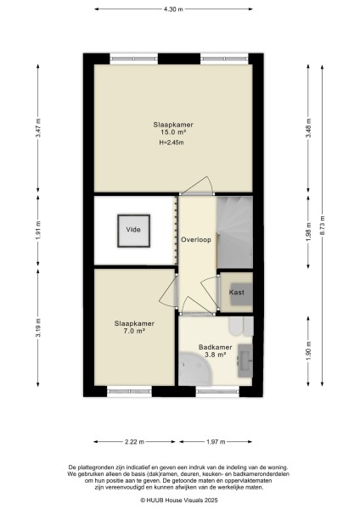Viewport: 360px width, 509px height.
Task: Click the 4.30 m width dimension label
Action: pos(173,9)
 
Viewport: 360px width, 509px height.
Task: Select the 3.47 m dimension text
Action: pos(38,128)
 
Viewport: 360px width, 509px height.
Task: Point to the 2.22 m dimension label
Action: pos(134,442)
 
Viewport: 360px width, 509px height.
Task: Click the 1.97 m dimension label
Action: pos(216,442)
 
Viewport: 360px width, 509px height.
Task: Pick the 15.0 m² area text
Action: pos(173,132)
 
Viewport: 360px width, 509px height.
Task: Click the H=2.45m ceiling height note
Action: pos(172,143)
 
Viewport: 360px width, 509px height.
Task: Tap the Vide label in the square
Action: pos(133,230)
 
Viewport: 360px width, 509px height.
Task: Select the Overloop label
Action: pos(196,239)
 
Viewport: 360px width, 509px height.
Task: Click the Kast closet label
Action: pos(237,292)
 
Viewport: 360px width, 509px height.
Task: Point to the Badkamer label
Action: pos(216,347)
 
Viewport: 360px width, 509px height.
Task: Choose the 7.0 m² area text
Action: pos(134,331)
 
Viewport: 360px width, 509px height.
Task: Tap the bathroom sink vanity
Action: pos(245,361)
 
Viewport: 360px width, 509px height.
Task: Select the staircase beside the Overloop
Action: pos(234,232)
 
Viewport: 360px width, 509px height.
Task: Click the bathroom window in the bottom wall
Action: pos(217,391)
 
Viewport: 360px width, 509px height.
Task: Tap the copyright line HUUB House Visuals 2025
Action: pos(179,501)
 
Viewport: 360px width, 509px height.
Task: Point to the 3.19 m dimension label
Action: pos(38,328)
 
